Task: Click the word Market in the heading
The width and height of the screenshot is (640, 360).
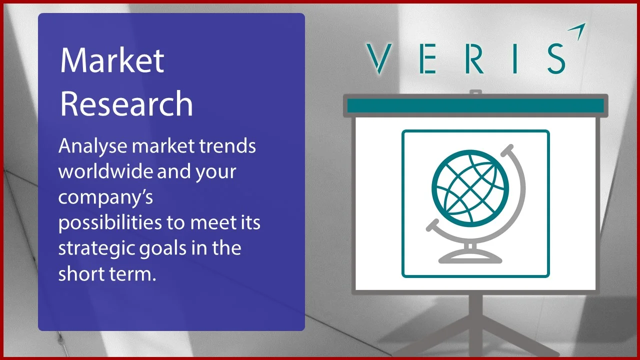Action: pos(112,61)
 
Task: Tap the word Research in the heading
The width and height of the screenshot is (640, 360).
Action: pos(126,103)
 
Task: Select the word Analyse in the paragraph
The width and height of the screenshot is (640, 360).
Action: pos(92,147)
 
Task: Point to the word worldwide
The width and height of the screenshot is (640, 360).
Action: pos(105,171)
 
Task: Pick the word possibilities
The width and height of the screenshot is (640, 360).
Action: pos(110,223)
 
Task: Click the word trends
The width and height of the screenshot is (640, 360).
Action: pos(228,146)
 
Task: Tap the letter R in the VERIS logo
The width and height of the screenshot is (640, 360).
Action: pos(475,58)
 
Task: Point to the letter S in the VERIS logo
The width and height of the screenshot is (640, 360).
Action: pos(556,58)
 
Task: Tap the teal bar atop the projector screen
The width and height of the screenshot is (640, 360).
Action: pos(475,105)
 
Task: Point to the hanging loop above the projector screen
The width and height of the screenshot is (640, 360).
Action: pos(475,92)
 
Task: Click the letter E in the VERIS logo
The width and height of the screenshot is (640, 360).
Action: pos(427,58)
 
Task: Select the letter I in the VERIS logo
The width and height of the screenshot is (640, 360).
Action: pos(517,58)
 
